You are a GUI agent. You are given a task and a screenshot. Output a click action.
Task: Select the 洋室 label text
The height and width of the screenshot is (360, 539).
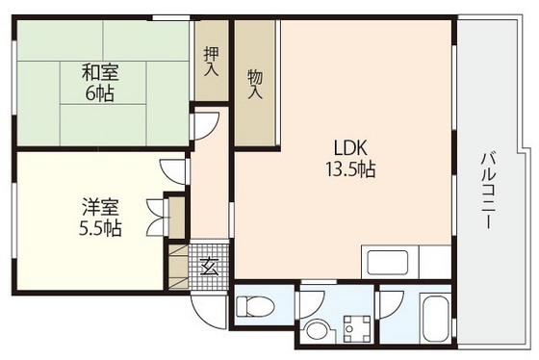pos(99,207)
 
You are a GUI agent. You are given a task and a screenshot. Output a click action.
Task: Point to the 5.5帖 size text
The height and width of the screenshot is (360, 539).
pos(99,229)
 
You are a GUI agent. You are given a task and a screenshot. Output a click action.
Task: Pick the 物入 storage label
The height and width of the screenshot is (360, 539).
pos(255,83)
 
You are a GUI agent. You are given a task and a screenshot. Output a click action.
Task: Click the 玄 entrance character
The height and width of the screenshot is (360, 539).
pos(209,268)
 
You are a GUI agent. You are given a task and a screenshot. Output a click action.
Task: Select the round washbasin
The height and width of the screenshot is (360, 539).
pos(317,331)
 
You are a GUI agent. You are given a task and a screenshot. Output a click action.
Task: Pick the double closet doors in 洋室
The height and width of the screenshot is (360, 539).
pos(153,216)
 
